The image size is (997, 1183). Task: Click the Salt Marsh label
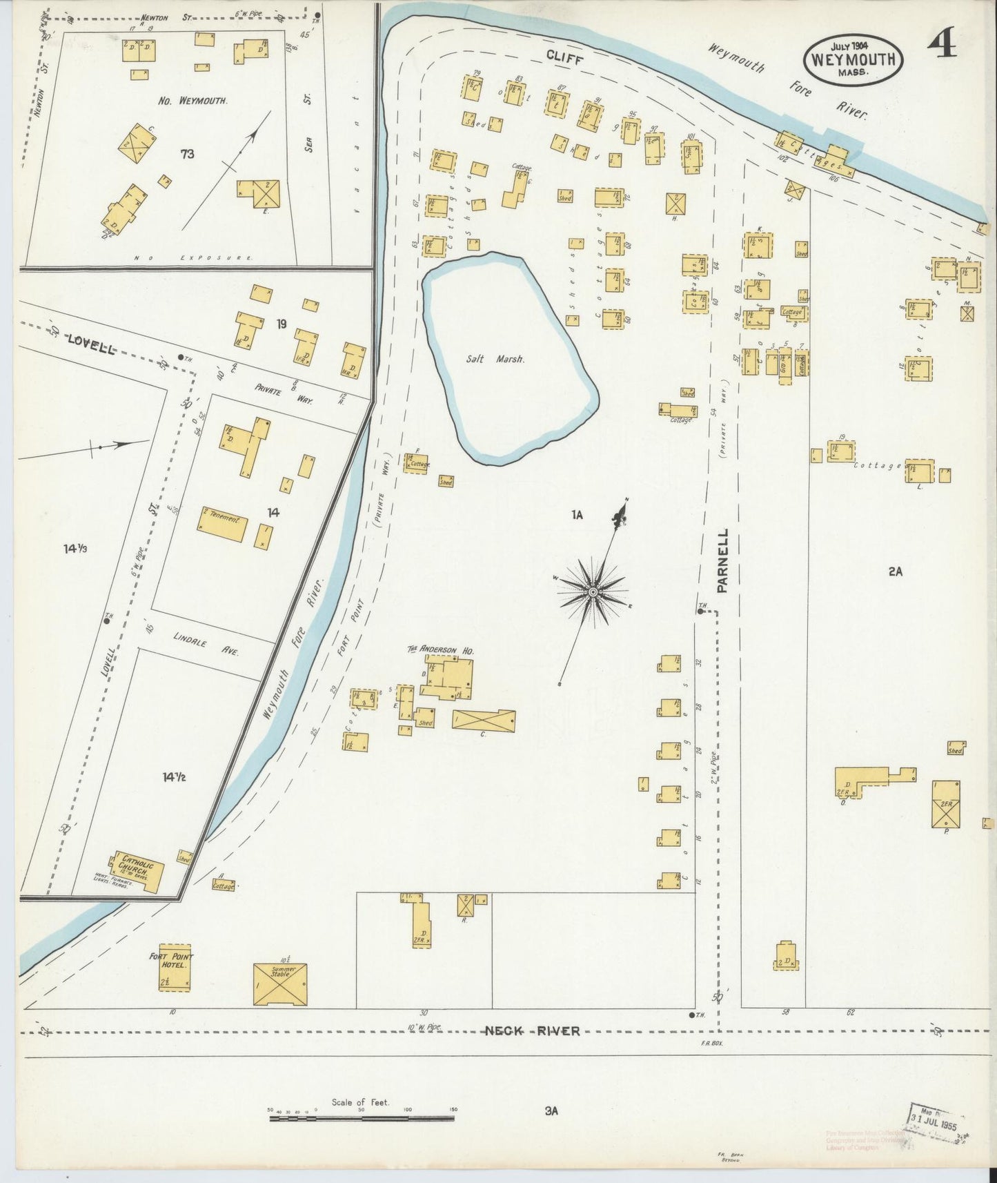[504, 359]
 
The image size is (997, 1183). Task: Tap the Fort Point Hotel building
[175, 968]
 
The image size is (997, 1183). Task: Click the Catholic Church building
[138, 871]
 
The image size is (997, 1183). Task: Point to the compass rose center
[593, 592]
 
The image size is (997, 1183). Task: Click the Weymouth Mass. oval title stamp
[853, 59]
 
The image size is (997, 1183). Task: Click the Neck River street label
[531, 1031]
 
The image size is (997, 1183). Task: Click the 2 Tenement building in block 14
[223, 524]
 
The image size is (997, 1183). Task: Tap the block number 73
[187, 154]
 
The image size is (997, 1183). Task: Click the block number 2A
[895, 571]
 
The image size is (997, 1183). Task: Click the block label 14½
[174, 777]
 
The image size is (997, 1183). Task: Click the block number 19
[281, 323]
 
